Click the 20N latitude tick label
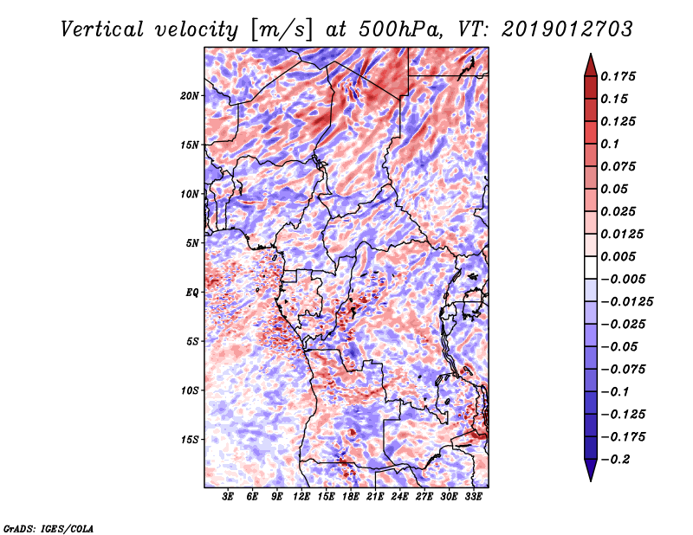(x=190, y=96)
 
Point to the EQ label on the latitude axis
(x=192, y=293)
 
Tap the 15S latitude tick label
(x=190, y=440)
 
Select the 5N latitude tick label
(x=192, y=243)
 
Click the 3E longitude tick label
(x=227, y=497)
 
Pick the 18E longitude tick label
(x=350, y=497)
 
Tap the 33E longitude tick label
(x=473, y=497)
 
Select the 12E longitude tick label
(x=301, y=497)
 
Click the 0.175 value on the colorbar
(x=618, y=76)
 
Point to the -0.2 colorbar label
(x=615, y=460)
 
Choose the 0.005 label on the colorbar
(x=618, y=256)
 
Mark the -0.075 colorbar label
(x=623, y=370)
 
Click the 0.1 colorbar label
(x=610, y=144)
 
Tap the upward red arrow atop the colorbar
(x=591, y=65)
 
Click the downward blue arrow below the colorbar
(x=591, y=470)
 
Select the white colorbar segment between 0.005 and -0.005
(x=591, y=267)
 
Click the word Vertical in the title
(x=102, y=29)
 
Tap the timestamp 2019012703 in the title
(x=567, y=29)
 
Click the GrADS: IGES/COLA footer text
(x=49, y=529)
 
